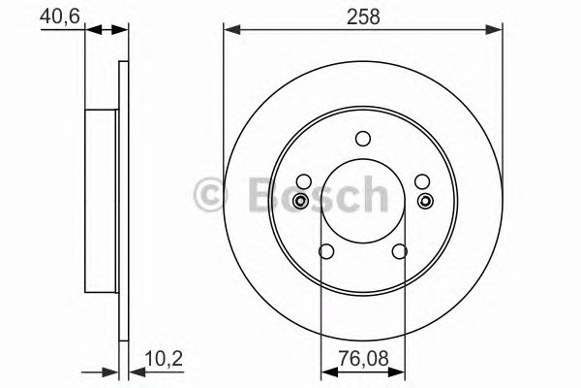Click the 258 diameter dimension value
(x=363, y=17)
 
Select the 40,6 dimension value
(x=60, y=16)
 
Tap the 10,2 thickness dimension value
(x=164, y=359)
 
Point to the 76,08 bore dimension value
(x=363, y=359)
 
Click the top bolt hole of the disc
(x=363, y=139)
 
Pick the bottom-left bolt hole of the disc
(x=326, y=251)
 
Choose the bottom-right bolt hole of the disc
(x=400, y=251)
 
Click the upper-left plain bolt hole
(x=304, y=181)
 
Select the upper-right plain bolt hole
(x=422, y=181)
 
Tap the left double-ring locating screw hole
(x=300, y=201)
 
